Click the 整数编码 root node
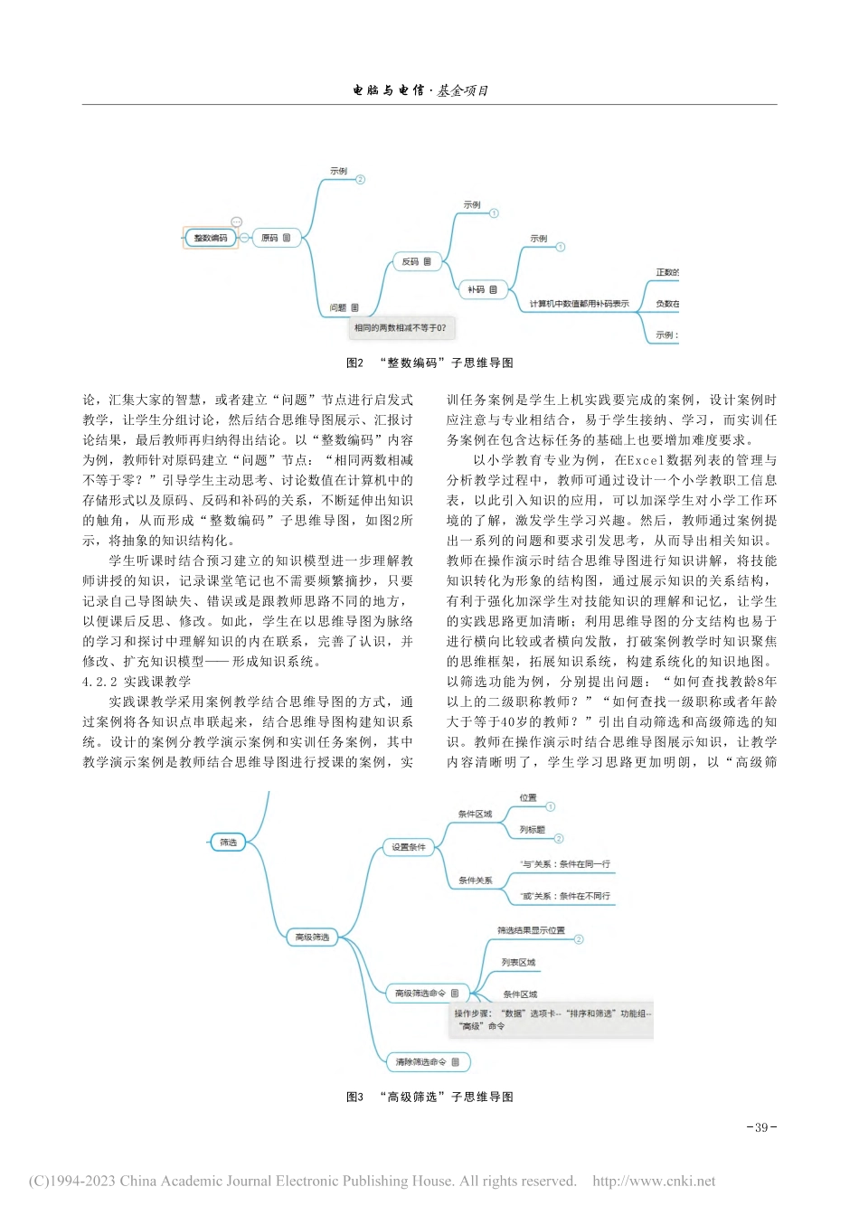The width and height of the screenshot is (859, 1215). (x=211, y=238)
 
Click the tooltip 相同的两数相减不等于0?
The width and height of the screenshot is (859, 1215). (x=400, y=327)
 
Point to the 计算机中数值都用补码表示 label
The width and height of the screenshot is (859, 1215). (x=579, y=304)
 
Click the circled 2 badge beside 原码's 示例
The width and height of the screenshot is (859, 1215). (x=360, y=179)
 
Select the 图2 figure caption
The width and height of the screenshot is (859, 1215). (x=429, y=363)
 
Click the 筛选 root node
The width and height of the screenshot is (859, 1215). (x=228, y=842)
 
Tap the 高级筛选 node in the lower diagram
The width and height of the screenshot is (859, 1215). (x=312, y=937)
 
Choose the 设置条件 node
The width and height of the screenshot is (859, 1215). (x=409, y=847)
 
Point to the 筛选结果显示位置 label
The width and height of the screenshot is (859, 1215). (x=531, y=930)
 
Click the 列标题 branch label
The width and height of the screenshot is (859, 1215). (x=533, y=829)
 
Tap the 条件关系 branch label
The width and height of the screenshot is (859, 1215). (x=476, y=880)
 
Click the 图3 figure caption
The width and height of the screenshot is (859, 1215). (x=429, y=1097)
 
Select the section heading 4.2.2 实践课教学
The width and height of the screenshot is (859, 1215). (x=137, y=682)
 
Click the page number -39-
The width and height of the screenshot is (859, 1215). (x=761, y=1127)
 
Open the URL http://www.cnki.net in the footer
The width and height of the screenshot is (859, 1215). (x=654, y=1181)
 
